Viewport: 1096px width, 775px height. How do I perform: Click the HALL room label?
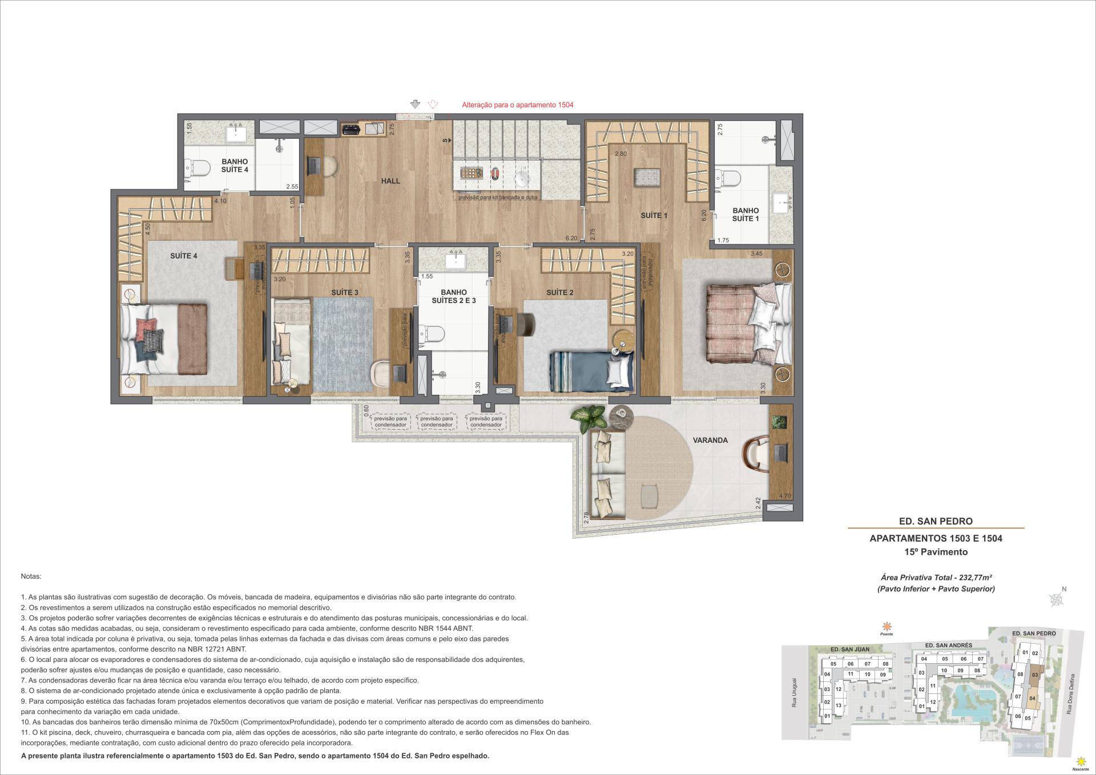pos(390,181)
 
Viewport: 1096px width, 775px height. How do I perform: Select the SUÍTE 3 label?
pos(344,293)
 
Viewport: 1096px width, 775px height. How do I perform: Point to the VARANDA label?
pos(710,440)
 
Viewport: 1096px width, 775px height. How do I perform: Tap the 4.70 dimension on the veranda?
pos(784,496)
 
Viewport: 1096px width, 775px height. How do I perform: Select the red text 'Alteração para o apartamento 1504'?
pos(517,105)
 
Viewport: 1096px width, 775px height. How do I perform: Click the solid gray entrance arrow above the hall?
pos(416,104)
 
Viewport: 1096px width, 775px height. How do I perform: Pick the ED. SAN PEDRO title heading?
pos(936,521)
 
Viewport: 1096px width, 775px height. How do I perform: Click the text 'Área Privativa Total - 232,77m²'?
pos(936,578)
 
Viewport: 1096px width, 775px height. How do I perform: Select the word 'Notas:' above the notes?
pos(31,577)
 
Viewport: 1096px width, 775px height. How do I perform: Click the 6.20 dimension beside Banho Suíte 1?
pos(704,215)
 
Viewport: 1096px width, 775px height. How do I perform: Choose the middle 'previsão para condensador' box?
pos(438,421)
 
